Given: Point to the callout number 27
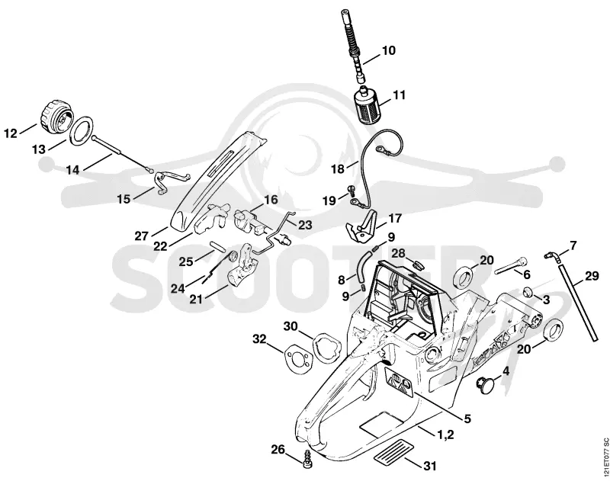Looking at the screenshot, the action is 142,236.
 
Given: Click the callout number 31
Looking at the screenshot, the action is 429,466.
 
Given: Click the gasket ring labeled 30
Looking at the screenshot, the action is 327,349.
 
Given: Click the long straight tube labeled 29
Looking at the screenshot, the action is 579,303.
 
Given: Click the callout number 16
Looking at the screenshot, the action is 271,200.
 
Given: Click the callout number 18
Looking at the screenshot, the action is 338,169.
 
